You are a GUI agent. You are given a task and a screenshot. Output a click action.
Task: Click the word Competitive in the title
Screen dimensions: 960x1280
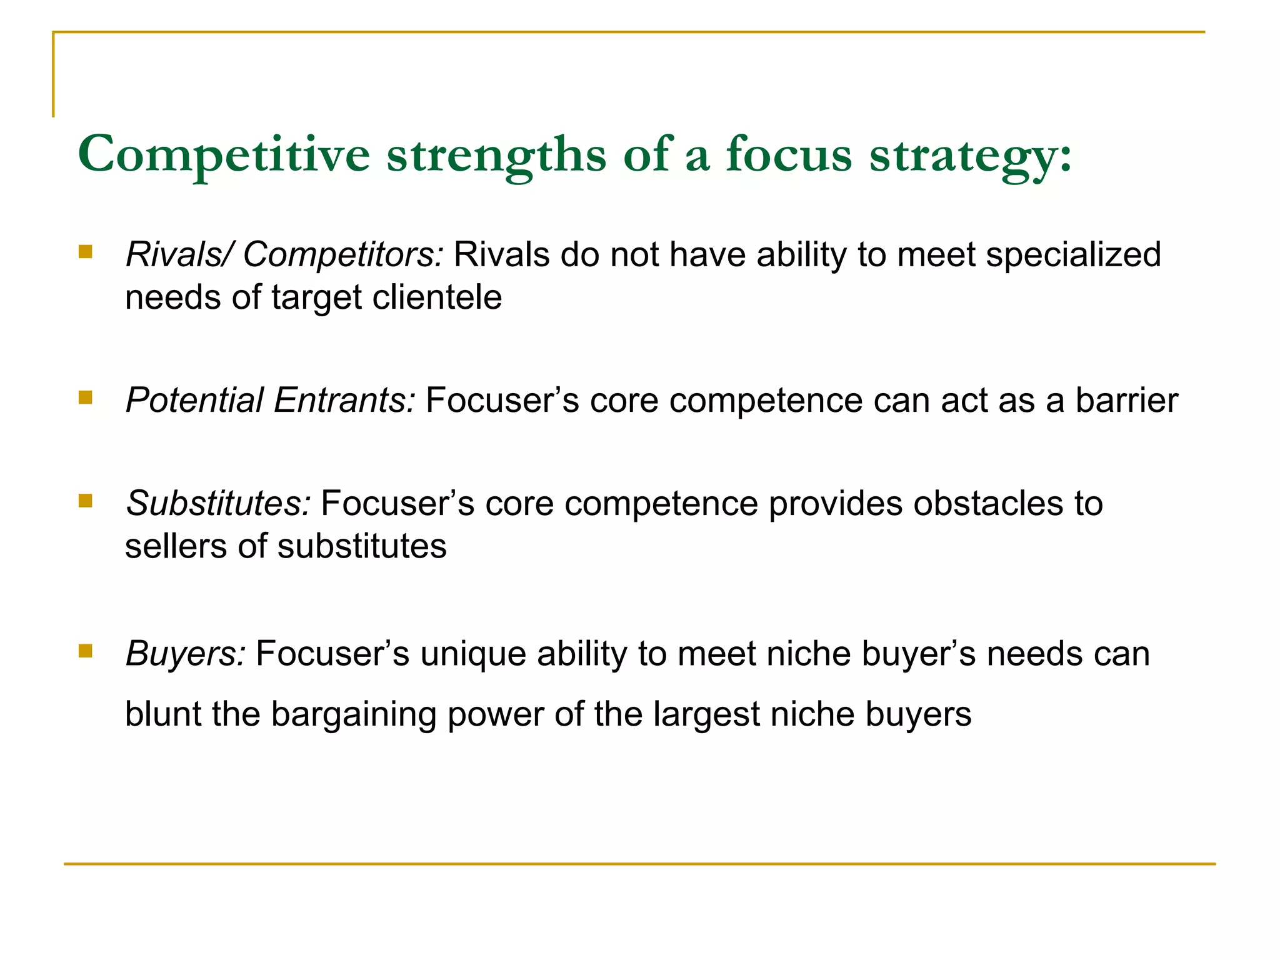point(224,154)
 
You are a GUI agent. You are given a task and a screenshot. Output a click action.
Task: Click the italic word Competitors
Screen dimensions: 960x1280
point(343,255)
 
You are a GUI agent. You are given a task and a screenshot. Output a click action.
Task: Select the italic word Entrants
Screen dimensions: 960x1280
point(344,400)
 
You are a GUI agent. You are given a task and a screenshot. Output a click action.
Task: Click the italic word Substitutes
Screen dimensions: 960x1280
point(218,503)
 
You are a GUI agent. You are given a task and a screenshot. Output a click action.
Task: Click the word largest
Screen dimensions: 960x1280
point(706,714)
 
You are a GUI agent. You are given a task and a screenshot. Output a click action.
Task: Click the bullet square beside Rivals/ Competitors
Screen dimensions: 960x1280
point(86,252)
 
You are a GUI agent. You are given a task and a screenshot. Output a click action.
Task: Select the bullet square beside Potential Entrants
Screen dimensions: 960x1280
point(86,397)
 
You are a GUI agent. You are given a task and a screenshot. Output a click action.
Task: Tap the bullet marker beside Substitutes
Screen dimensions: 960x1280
point(86,500)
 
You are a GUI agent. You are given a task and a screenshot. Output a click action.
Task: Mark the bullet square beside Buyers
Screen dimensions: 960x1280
point(86,651)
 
